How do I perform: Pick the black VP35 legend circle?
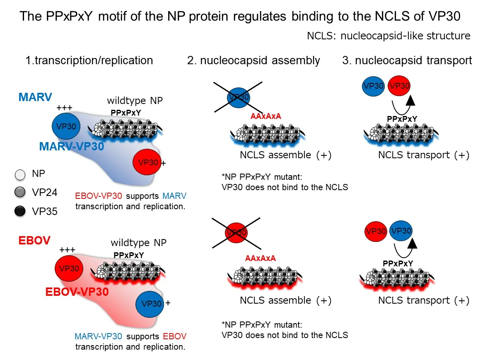pyautogui.click(x=19, y=211)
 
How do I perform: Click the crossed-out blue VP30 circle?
pyautogui.click(x=238, y=97)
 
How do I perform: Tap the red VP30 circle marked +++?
pyautogui.click(x=69, y=268)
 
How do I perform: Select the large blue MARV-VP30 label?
pyautogui.click(x=71, y=146)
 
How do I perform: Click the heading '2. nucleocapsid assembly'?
pyautogui.click(x=253, y=60)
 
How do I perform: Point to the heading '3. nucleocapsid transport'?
pyautogui.click(x=407, y=60)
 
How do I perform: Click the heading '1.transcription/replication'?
pyautogui.click(x=89, y=60)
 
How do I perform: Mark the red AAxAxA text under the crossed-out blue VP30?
pyautogui.click(x=266, y=116)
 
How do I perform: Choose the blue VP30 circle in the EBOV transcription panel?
pyautogui.click(x=150, y=303)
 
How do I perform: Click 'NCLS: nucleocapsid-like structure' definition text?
pyautogui.click(x=388, y=36)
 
